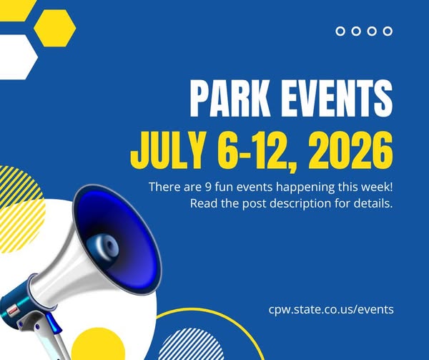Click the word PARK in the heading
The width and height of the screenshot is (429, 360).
(x=230, y=98)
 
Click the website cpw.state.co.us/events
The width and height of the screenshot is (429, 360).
(x=331, y=309)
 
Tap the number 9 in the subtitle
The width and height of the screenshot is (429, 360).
(x=207, y=187)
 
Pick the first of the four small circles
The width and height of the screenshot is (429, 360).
(x=340, y=31)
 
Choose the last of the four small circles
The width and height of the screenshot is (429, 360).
(x=388, y=31)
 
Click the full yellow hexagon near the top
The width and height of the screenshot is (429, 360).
(x=55, y=28)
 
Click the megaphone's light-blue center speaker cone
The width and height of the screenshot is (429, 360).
(x=104, y=246)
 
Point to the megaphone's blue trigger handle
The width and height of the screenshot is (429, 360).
(x=53, y=323)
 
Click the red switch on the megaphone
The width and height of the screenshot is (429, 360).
(x=13, y=311)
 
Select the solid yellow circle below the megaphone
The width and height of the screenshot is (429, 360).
(x=98, y=344)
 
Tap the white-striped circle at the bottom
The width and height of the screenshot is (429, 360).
(x=191, y=344)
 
